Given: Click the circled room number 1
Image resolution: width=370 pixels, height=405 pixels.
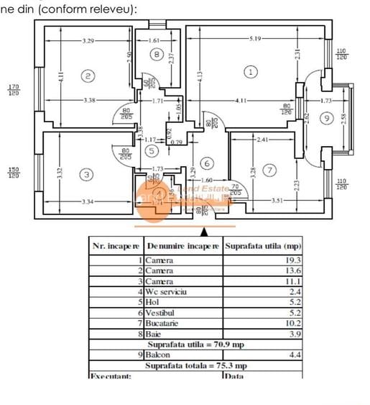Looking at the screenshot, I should click(x=250, y=72).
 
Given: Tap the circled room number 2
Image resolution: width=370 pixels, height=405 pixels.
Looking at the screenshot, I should click(x=88, y=76).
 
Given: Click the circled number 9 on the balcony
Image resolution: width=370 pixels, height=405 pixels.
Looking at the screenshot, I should click(x=327, y=117).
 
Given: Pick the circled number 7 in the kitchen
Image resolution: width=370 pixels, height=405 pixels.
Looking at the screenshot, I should click(x=269, y=170).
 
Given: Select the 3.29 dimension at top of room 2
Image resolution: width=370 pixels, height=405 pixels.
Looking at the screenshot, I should click(x=88, y=41).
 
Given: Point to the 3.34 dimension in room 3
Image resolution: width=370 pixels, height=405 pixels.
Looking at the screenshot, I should click(x=86, y=202).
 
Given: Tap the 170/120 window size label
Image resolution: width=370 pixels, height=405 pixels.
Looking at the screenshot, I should click(x=14, y=90).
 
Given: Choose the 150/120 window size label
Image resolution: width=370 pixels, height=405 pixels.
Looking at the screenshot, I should click(x=14, y=173).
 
